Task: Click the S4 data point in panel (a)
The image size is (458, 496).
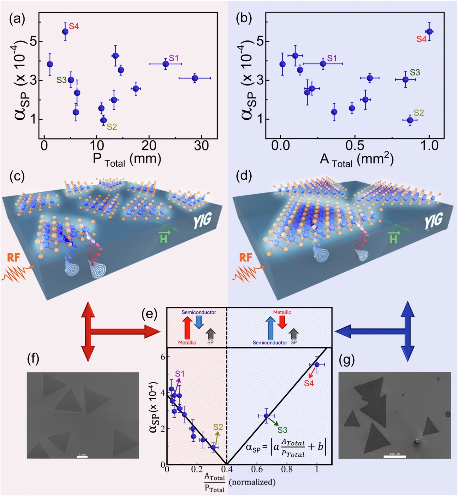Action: pos(65,32)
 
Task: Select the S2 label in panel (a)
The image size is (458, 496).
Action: pos(111,127)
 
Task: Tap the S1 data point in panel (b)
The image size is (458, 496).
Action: pos(323,64)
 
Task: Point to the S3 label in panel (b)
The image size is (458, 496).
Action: pos(415,72)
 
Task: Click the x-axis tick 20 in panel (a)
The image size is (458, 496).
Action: pos(149,146)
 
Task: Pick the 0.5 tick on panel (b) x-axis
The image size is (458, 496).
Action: pos(355,146)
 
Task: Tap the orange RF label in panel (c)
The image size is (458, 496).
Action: pos(14,257)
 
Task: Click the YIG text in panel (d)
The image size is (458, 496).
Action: pos(433,222)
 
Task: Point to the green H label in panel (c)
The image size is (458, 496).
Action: pos(163,238)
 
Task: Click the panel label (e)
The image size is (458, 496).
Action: pos(149,314)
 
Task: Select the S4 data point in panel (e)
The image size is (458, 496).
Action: pos(317,365)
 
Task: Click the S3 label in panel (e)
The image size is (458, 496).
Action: pos(282,430)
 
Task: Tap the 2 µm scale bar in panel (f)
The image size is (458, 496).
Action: pos(82,457)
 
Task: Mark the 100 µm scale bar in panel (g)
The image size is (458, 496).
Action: pos(395,456)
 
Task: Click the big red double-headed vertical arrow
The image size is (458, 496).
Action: pos(88,331)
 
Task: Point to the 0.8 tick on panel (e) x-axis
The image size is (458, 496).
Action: pos(287,469)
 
